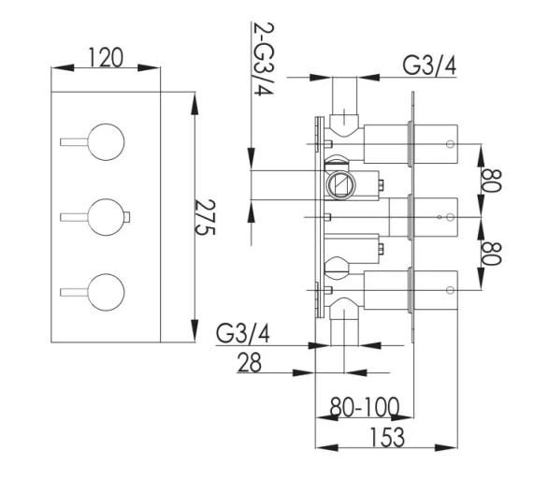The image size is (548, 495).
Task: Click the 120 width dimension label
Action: pos(106,58)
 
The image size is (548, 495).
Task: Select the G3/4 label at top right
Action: pos(431,66)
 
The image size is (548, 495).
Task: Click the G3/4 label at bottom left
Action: pos(243,334)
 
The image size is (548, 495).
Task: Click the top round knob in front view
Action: pos(107,140)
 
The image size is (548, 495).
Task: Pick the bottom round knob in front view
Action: pos(107,292)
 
